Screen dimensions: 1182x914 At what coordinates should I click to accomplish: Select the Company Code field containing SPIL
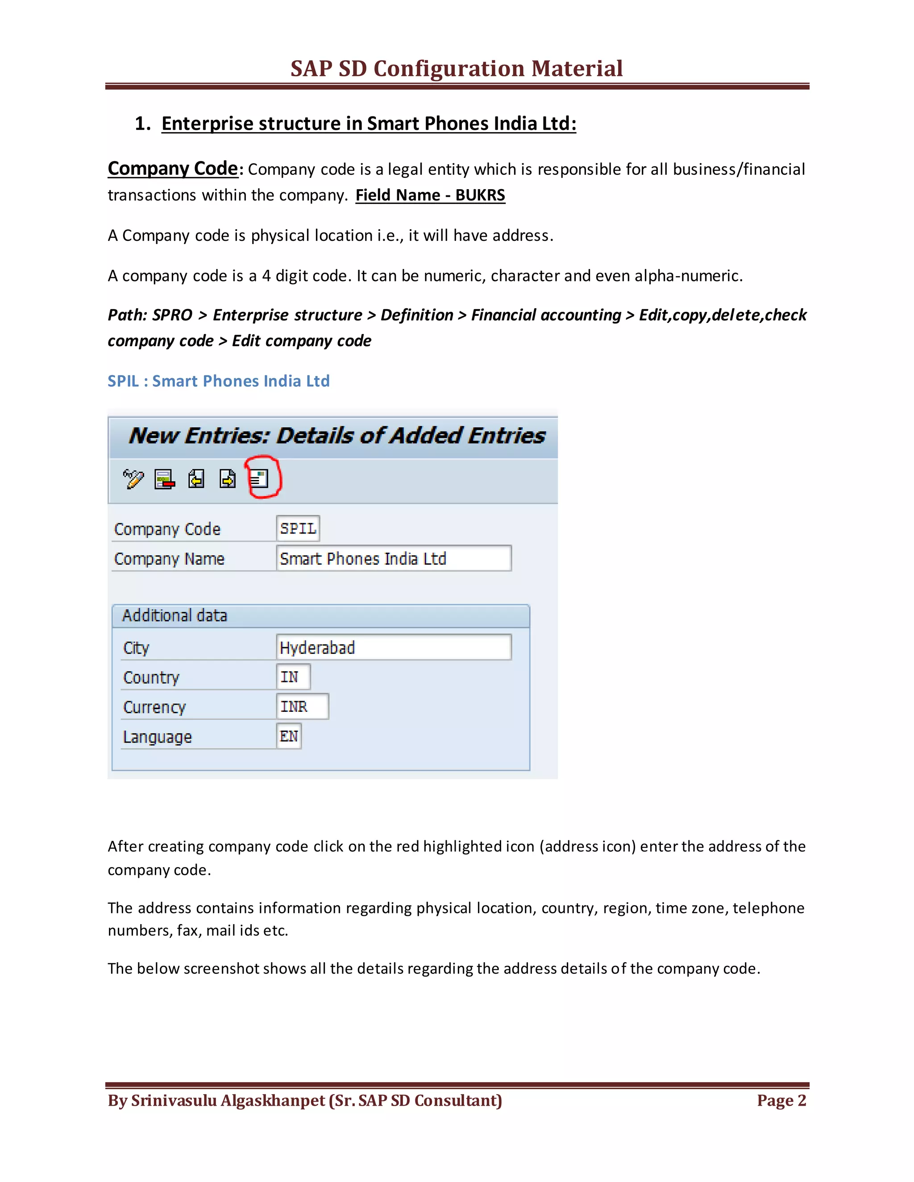tap(298, 528)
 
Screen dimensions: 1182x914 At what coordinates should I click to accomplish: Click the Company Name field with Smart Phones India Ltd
tap(393, 558)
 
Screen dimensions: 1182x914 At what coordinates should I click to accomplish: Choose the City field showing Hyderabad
tap(393, 647)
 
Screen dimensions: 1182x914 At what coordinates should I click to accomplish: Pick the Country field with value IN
tap(293, 677)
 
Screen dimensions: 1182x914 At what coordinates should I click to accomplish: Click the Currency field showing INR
tap(302, 707)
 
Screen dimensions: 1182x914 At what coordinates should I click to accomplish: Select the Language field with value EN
tap(289, 736)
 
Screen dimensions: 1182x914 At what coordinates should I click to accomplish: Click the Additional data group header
tap(175, 616)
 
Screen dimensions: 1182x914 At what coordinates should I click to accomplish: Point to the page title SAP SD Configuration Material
tap(457, 69)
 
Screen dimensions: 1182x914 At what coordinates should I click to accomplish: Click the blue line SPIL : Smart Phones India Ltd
tap(218, 381)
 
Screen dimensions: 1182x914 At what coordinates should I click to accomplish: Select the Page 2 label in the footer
tap(781, 1100)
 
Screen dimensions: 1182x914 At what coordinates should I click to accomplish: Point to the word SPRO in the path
tap(172, 315)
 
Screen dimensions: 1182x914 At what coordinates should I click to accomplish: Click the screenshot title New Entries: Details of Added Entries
tap(337, 436)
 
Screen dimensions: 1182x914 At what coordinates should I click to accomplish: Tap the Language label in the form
tap(157, 737)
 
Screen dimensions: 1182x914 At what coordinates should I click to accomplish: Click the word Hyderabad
tap(317, 648)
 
